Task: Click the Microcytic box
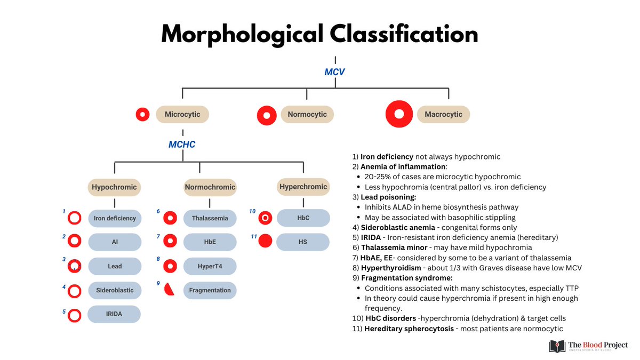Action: [182, 115]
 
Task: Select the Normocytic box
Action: [307, 115]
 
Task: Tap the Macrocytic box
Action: [443, 115]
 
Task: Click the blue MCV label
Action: [335, 71]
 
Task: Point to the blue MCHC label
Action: [182, 145]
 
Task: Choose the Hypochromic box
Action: [114, 187]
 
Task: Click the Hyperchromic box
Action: [303, 187]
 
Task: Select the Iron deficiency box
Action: [115, 218]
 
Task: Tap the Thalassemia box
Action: [210, 218]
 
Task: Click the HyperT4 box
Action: [210, 266]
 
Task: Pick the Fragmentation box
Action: [210, 290]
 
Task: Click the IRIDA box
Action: [115, 314]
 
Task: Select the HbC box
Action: [303, 218]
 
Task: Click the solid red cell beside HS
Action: [265, 241]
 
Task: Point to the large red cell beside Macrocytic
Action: [399, 114]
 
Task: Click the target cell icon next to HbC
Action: [265, 218]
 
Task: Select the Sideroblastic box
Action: [115, 290]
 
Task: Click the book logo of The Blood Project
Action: [557, 346]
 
